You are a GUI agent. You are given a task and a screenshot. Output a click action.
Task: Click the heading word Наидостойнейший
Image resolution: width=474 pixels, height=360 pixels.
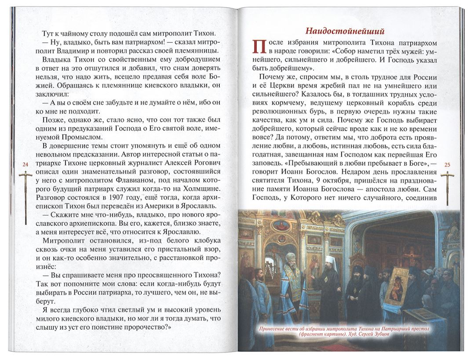(345, 31)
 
